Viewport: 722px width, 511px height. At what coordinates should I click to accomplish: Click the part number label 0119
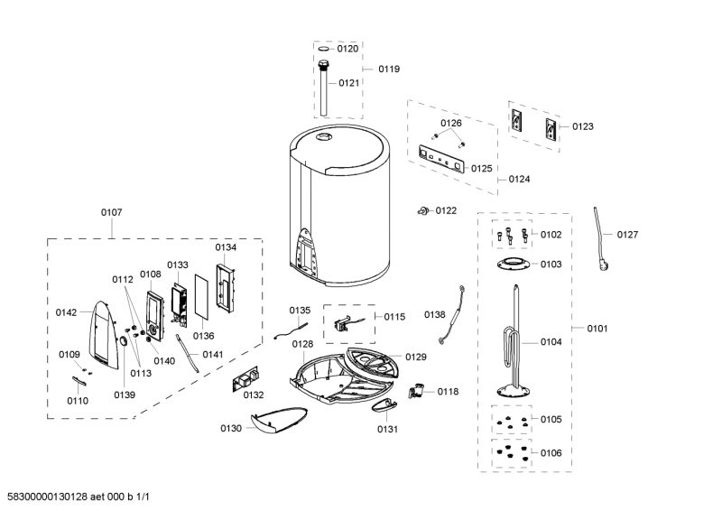click(389, 69)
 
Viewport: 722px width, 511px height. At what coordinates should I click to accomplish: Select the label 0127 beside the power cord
click(627, 234)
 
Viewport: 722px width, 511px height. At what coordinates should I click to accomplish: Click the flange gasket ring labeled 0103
click(511, 264)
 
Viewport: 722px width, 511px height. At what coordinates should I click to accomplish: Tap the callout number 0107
click(110, 212)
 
